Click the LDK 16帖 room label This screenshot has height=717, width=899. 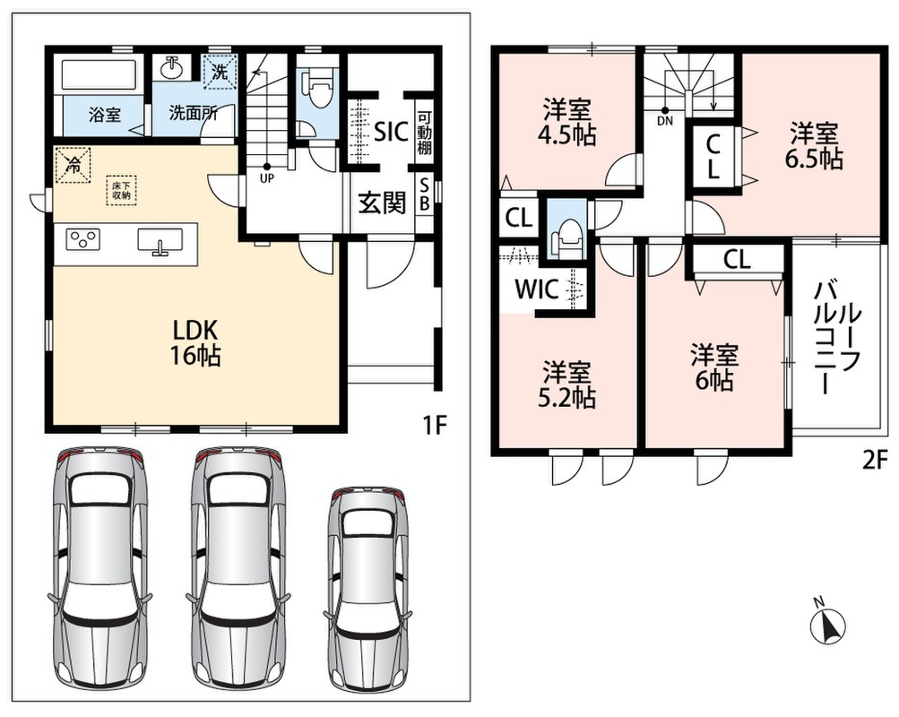coord(194,343)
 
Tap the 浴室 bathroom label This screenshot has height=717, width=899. coord(104,115)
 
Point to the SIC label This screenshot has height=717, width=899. coord(391,132)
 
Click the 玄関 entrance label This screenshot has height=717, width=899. coord(382,203)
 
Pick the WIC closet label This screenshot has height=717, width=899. coord(537,289)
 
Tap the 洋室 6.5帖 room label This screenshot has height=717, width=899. coord(814,145)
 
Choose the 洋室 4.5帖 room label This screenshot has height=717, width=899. coord(566,122)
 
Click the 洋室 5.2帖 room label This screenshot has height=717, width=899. coord(566,384)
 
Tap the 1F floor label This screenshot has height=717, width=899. coord(434,426)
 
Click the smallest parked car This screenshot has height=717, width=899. coord(367,590)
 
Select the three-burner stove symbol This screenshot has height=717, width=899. coord(83,239)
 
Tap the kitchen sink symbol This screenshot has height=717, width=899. coord(160,240)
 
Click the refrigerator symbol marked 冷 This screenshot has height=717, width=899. coord(73,165)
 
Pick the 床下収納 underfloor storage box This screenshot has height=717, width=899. coord(121,190)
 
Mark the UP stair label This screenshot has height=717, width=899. coord(266,178)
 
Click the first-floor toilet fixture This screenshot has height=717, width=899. coord(319,90)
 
